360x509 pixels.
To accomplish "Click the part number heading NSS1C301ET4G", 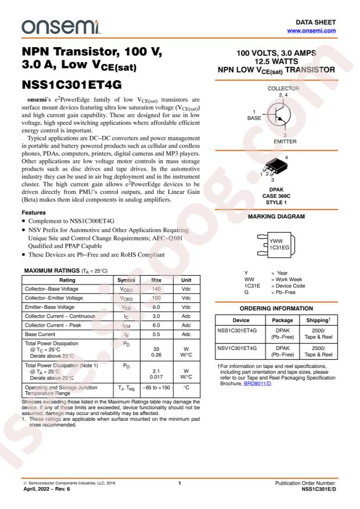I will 71,84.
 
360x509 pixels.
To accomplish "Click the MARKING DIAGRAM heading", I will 276,216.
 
